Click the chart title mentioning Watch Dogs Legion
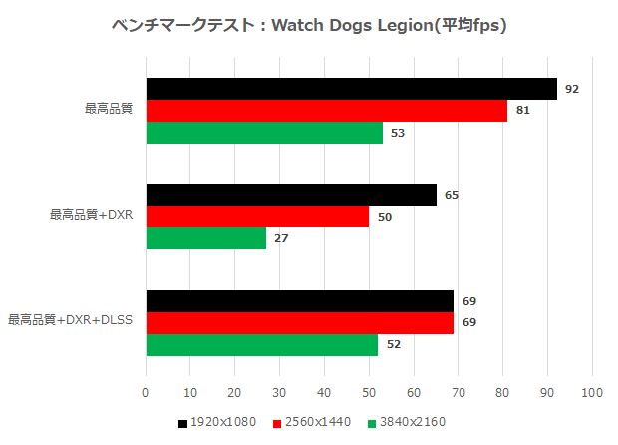[x=309, y=25]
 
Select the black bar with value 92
[x=351, y=89]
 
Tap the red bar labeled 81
[x=326, y=111]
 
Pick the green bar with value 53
[x=264, y=133]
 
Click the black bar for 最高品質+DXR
[x=291, y=195]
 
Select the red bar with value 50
[x=257, y=217]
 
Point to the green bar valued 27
[x=206, y=238]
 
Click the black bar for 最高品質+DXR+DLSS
[x=300, y=301]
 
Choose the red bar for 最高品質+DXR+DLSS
[x=300, y=322]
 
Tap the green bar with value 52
[x=262, y=344]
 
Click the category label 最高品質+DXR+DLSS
[x=71, y=320]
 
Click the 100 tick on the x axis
[x=592, y=392]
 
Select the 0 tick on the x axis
[x=147, y=392]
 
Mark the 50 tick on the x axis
[x=369, y=392]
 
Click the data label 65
[x=452, y=195]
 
